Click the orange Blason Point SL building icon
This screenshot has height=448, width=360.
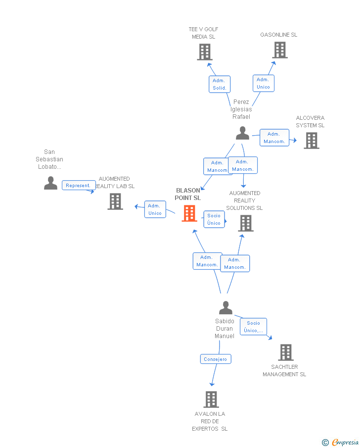pyautogui.click(x=189, y=213)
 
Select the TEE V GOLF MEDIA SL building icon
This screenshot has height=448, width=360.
pyautogui.click(x=204, y=52)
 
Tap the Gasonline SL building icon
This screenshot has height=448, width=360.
pyautogui.click(x=279, y=50)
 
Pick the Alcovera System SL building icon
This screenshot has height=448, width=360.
pyautogui.click(x=311, y=141)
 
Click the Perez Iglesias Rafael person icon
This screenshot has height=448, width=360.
pyautogui.click(x=242, y=133)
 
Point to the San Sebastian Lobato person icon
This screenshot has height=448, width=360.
pyautogui.click(x=50, y=183)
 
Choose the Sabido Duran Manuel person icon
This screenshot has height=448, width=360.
pyautogui.click(x=225, y=308)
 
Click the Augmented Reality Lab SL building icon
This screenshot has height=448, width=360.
pyautogui.click(x=115, y=201)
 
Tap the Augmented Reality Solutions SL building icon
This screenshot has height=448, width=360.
pyautogui.click(x=246, y=223)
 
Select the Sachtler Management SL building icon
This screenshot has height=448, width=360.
pyautogui.click(x=285, y=352)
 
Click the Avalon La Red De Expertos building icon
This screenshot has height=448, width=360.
pyautogui.click(x=211, y=399)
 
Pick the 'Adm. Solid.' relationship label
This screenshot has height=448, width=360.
pyautogui.click(x=219, y=84)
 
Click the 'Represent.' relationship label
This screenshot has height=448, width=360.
pyautogui.click(x=78, y=186)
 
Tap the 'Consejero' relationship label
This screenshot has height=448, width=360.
pyautogui.click(x=216, y=359)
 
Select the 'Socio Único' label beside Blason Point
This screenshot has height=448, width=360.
pyautogui.click(x=214, y=219)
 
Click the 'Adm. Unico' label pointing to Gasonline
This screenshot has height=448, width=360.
pyautogui.click(x=263, y=83)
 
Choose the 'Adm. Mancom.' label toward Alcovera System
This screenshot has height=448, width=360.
pyautogui.click(x=274, y=138)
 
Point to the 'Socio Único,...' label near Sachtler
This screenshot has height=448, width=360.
pyautogui.click(x=253, y=327)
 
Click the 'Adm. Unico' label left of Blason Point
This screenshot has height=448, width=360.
pyautogui.click(x=155, y=209)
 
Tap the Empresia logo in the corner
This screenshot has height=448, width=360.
pyautogui.click(x=340, y=442)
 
